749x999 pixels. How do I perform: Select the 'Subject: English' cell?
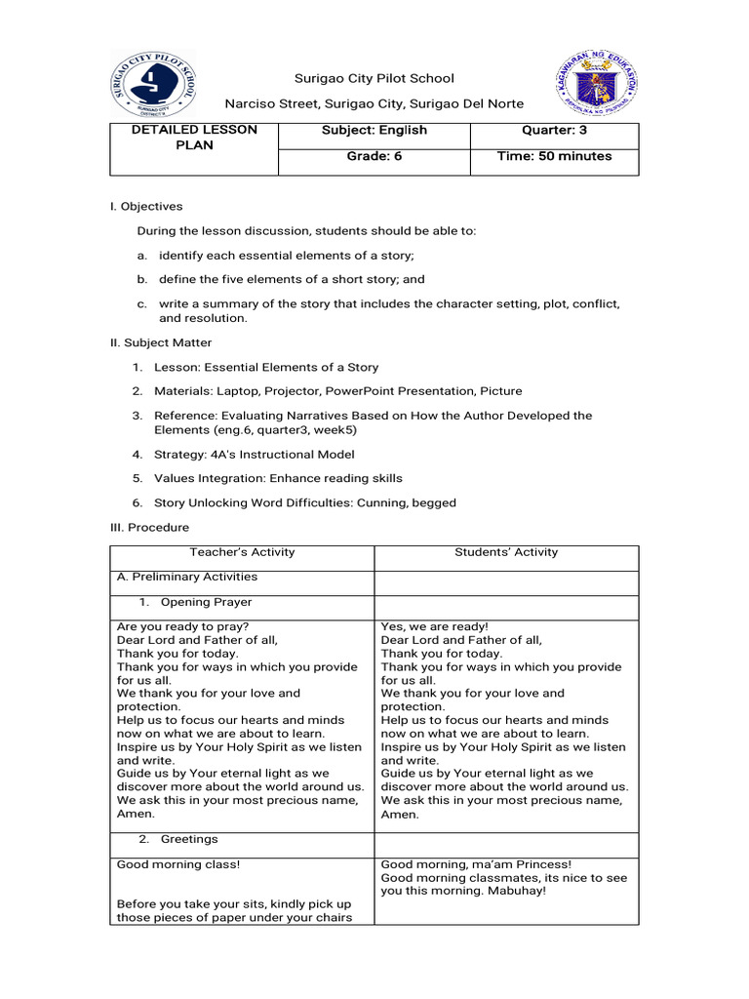(x=374, y=131)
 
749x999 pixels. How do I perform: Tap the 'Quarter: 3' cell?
(x=554, y=131)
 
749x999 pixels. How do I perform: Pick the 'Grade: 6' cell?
(x=374, y=156)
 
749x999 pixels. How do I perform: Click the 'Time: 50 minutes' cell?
(x=554, y=156)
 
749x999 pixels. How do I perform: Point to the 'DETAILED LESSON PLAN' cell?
(x=194, y=138)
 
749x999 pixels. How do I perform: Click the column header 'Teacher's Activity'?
(x=242, y=552)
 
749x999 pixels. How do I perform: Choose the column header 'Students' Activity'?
(x=506, y=552)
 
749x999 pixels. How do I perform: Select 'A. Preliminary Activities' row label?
(x=186, y=577)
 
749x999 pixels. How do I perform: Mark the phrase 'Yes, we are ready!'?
(x=434, y=626)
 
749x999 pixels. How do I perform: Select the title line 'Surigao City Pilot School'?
(x=374, y=79)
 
